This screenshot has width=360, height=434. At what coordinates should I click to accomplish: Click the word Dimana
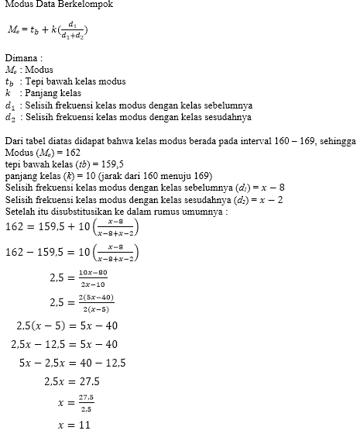click(23, 58)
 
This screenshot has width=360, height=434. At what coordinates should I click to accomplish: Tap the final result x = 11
click(74, 425)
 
